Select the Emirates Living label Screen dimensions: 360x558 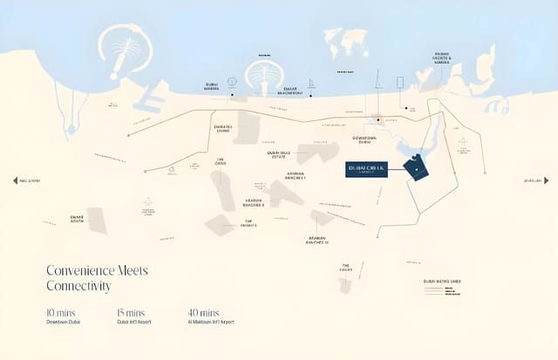coord(222,128)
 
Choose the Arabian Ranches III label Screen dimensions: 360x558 coord(323,240)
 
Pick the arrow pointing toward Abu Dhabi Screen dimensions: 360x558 coord(15,180)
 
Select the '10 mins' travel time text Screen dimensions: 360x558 coord(60,312)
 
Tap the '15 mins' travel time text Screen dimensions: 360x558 coord(131,312)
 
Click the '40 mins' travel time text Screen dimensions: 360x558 coord(203,312)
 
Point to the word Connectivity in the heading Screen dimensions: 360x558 coord(78,286)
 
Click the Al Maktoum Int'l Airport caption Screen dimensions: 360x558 coord(210,323)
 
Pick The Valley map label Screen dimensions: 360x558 coord(345,267)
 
